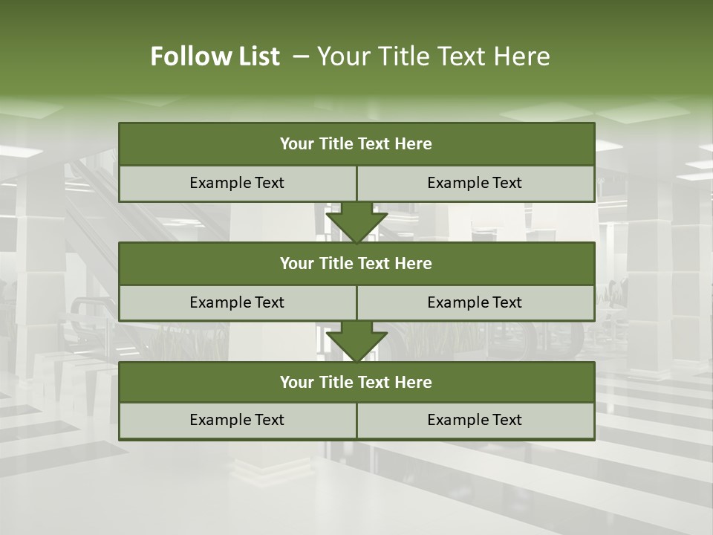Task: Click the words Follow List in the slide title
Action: click(215, 56)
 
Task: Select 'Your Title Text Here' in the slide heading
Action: click(433, 56)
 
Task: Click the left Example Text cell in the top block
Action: click(237, 183)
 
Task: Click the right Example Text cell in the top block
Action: click(475, 183)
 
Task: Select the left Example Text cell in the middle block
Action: click(237, 302)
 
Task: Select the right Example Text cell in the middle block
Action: click(475, 302)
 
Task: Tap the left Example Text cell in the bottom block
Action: click(237, 420)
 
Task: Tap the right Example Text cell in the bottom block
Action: click(475, 420)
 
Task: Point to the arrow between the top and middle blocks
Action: click(356, 222)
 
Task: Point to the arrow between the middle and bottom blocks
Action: click(356, 341)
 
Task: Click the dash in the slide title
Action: click(301, 56)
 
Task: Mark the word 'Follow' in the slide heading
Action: click(189, 56)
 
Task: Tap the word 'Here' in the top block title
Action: click(414, 144)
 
